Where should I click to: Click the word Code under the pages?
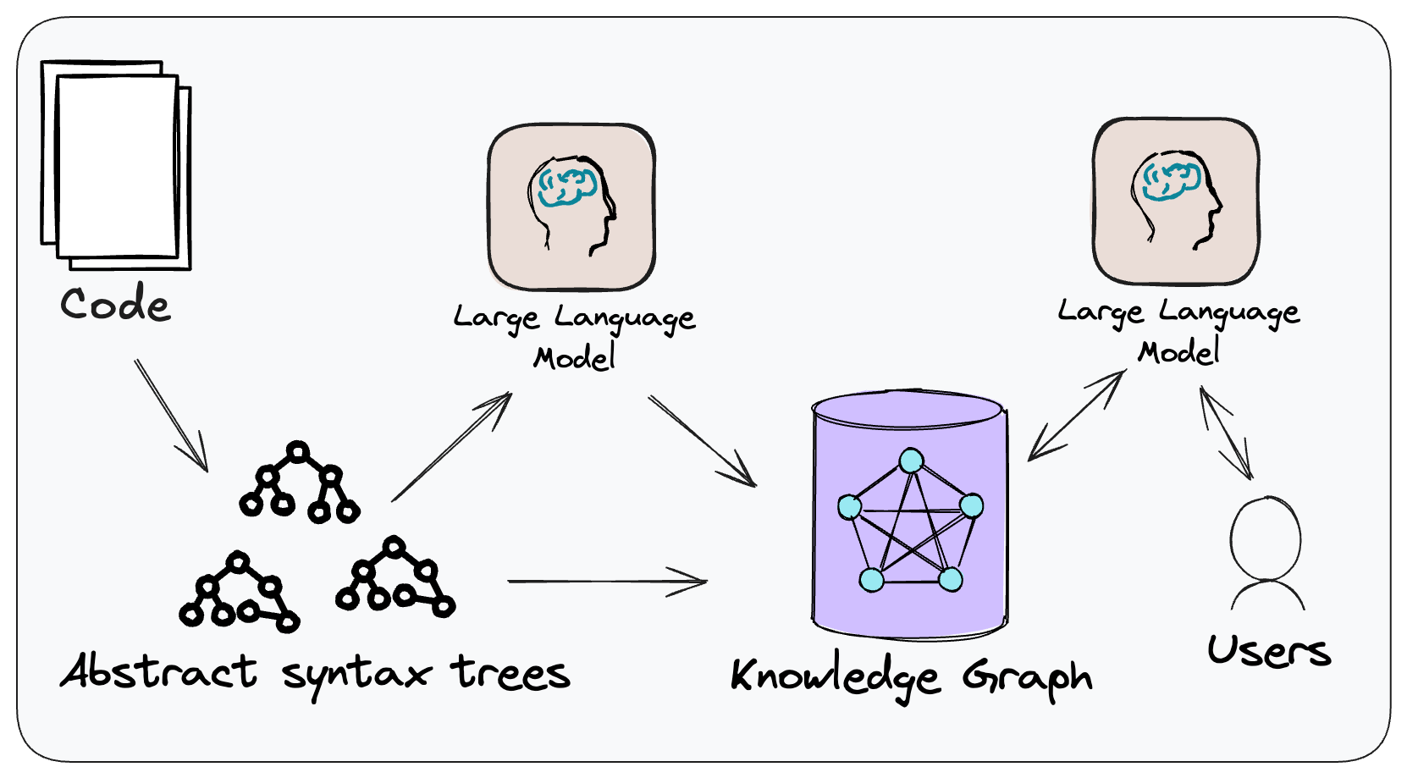[114, 305]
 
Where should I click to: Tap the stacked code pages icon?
[116, 164]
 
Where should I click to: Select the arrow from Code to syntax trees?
[171, 415]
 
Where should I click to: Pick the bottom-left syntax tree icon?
[240, 593]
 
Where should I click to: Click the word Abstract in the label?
[158, 672]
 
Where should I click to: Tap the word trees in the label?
[510, 673]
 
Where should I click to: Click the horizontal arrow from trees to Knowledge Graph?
[606, 582]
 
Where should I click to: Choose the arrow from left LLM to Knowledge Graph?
[702, 441]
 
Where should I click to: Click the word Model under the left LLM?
[574, 357]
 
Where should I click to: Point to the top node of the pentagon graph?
[911, 461]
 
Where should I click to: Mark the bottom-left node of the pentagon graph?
[871, 579]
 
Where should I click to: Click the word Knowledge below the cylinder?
[835, 678]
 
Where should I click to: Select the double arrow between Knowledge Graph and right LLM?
[1076, 416]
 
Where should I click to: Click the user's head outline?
[1266, 538]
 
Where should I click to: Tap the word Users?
[1268, 651]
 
